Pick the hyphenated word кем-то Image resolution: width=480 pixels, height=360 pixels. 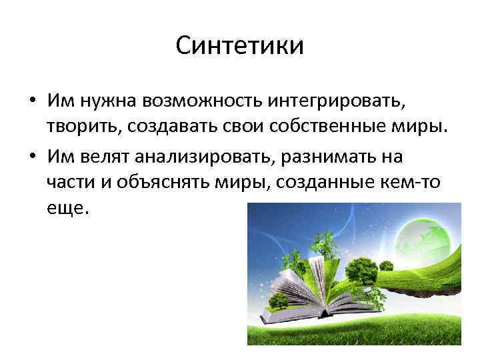(x=410, y=182)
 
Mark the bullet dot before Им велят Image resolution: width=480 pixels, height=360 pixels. (x=32, y=158)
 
